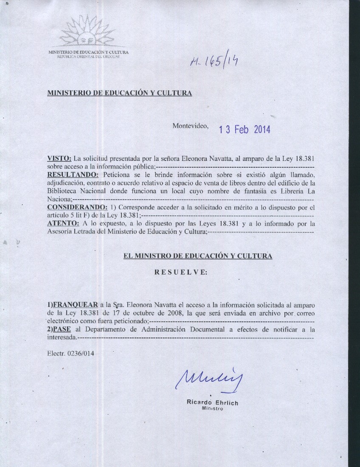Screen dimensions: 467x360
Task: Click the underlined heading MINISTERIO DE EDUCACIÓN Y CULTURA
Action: pyautogui.click(x=119, y=93)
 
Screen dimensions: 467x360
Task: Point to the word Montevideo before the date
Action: pyautogui.click(x=191, y=126)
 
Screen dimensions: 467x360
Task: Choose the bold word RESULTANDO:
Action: pyautogui.click(x=73, y=174)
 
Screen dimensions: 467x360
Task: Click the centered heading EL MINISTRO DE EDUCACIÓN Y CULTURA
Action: pyautogui.click(x=197, y=256)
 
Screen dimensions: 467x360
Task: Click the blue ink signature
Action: pyautogui.click(x=207, y=376)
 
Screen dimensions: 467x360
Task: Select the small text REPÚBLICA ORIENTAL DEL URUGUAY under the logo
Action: pyautogui.click(x=87, y=56)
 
